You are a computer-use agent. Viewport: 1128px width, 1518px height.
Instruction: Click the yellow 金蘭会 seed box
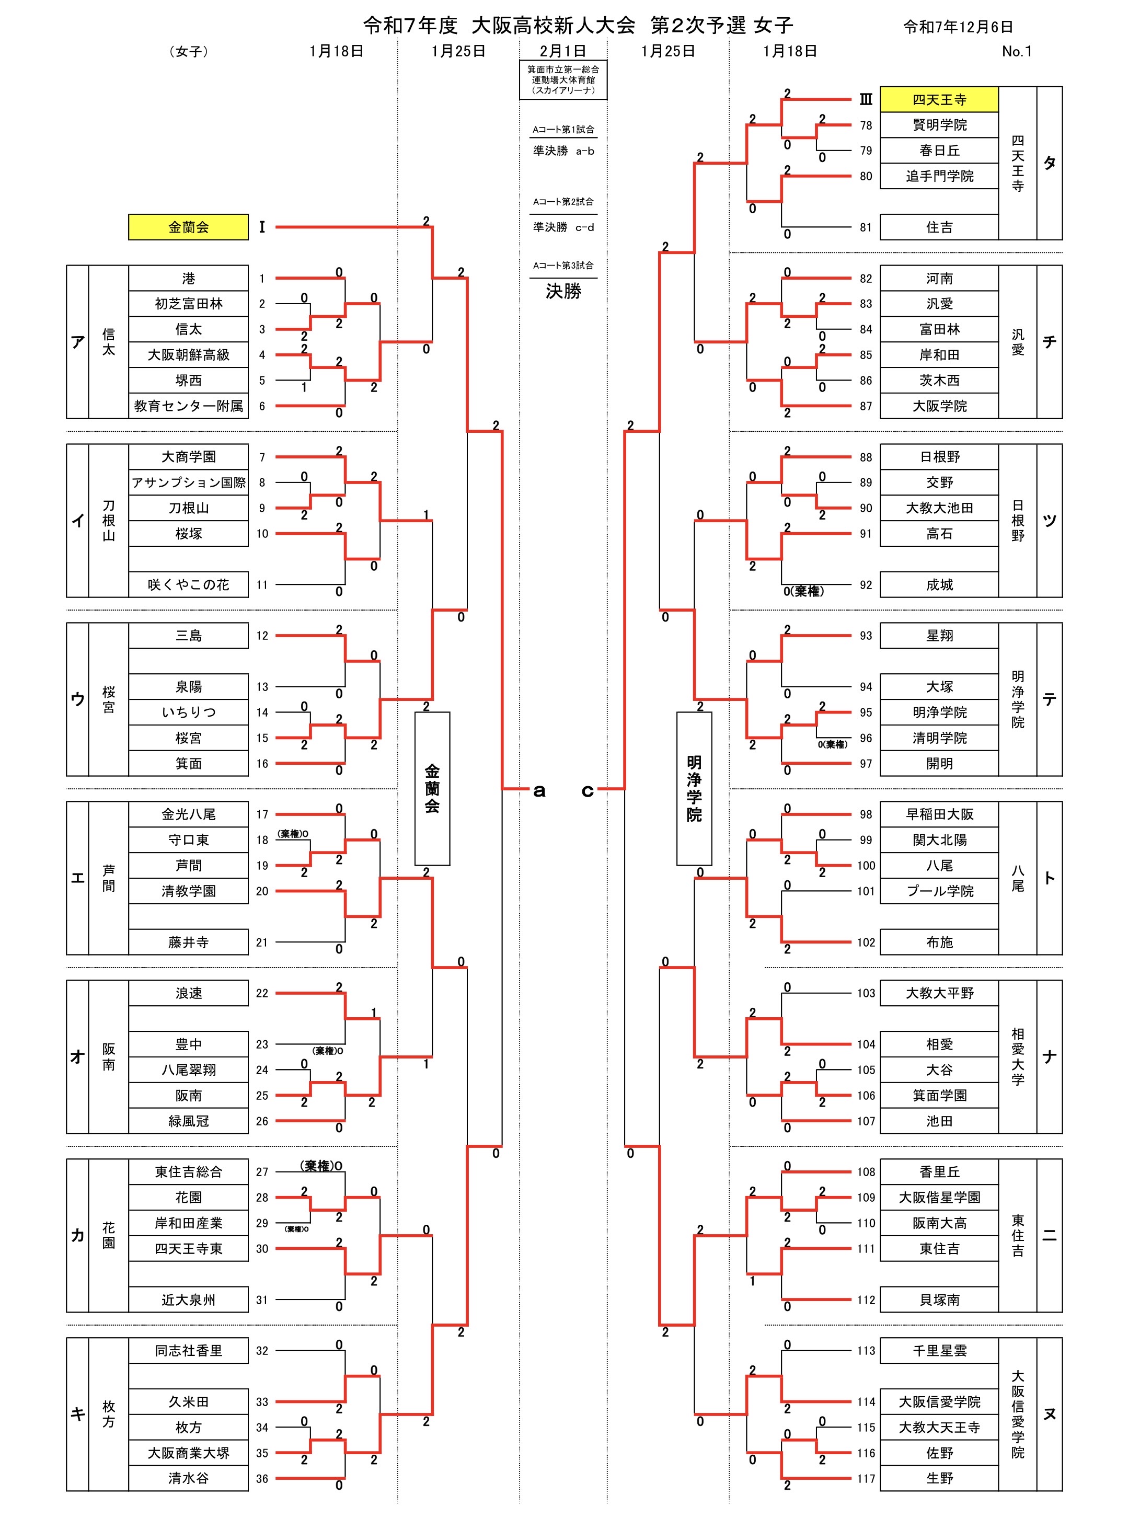tap(189, 227)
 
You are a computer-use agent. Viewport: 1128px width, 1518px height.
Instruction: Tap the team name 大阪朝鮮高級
tap(189, 354)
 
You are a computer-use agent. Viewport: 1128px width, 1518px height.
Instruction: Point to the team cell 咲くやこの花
tap(189, 584)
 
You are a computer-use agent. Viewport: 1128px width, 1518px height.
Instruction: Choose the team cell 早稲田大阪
tap(939, 814)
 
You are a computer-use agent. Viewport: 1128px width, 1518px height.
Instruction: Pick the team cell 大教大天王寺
tap(939, 1427)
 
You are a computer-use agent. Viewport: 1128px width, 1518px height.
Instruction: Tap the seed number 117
tap(866, 1478)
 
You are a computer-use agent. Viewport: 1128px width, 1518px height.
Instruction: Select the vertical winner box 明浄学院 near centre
tap(694, 788)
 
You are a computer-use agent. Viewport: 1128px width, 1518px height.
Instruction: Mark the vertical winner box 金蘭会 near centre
tap(432, 788)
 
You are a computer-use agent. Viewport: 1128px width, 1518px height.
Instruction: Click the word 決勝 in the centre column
tap(563, 292)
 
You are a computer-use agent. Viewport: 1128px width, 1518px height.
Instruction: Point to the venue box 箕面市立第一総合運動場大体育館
tap(563, 79)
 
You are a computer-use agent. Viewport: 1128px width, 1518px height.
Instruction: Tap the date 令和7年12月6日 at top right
tap(958, 27)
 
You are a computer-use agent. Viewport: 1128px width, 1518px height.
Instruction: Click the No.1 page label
tap(1017, 51)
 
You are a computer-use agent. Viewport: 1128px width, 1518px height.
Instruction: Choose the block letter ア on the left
tap(78, 341)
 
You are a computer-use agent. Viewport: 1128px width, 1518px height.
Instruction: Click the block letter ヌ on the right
tap(1050, 1414)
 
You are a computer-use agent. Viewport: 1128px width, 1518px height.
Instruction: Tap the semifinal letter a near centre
tap(539, 791)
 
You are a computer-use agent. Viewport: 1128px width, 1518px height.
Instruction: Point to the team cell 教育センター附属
tap(189, 406)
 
